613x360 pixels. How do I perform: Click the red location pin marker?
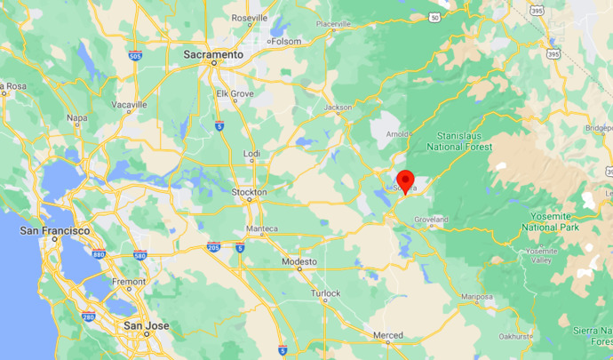pos(405,181)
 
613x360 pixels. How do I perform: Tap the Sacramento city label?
pos(213,55)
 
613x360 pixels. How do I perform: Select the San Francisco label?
pos(54,231)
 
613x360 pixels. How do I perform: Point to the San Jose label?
pos(146,326)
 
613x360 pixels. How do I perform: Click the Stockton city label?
pos(249,192)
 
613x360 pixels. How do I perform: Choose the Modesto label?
pos(299,262)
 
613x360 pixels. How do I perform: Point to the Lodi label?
pos(252,155)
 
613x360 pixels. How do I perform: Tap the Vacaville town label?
pos(130,104)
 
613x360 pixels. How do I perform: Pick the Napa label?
pos(77,117)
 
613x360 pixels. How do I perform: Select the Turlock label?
pos(326,293)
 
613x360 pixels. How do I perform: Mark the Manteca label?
pos(262,228)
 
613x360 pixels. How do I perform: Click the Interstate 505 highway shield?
pos(133,55)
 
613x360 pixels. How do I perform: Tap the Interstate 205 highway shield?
pos(214,246)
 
